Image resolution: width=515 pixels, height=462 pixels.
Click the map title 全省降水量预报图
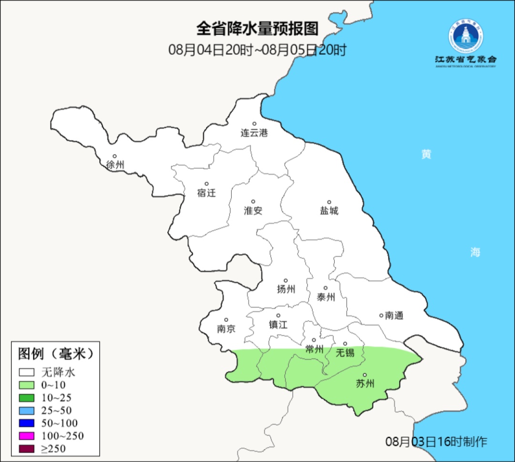pyautogui.click(x=257, y=29)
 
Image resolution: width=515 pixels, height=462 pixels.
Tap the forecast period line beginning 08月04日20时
pyautogui.click(x=257, y=50)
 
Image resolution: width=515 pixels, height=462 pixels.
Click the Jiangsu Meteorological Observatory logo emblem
pyautogui.click(x=465, y=36)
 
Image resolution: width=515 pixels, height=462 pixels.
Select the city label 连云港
pyautogui.click(x=254, y=133)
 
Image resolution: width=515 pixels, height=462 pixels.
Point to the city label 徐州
pyautogui.click(x=115, y=165)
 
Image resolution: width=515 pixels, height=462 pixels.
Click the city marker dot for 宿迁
pyautogui.click(x=206, y=184)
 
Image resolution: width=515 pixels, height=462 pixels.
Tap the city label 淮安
pyautogui.click(x=253, y=211)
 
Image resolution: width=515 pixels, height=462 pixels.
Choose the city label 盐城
pyautogui.click(x=329, y=211)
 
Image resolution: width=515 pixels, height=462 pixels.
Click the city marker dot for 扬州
pyautogui.click(x=286, y=280)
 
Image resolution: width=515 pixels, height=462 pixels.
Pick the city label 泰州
pyautogui.click(x=326, y=298)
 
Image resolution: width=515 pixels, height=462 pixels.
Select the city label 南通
pyautogui.click(x=394, y=316)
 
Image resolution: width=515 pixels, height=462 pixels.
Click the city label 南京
pyautogui.click(x=226, y=329)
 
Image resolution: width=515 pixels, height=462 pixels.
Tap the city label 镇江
pyautogui.click(x=278, y=325)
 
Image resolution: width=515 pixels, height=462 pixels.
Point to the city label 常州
pyautogui.click(x=314, y=349)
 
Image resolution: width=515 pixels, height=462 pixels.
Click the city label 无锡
pyautogui.click(x=345, y=353)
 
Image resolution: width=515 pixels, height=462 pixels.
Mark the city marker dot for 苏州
pyautogui.click(x=365, y=375)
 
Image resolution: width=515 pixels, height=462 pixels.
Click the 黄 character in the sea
pyautogui.click(x=426, y=154)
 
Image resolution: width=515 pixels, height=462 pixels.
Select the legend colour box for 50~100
pyautogui.click(x=27, y=423)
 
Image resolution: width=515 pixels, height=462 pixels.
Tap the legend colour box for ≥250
pyautogui.click(x=27, y=448)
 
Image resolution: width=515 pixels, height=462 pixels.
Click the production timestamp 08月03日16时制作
pyautogui.click(x=436, y=441)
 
